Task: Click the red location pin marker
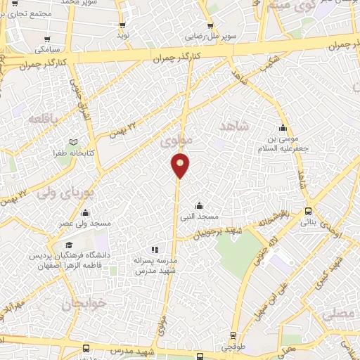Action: (181, 165)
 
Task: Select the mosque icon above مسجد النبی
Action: (200, 205)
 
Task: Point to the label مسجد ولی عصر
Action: (85, 224)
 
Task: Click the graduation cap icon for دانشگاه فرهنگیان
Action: (69, 244)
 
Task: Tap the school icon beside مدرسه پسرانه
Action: (155, 250)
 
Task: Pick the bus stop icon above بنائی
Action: (309, 212)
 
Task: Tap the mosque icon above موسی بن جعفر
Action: (283, 128)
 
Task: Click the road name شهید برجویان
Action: (216, 232)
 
